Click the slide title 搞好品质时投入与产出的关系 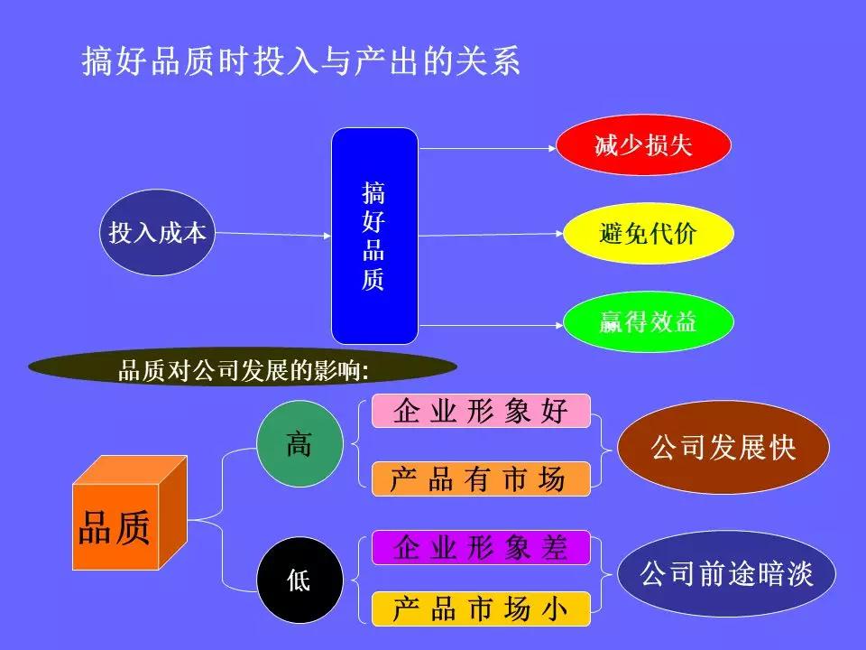[x=301, y=61]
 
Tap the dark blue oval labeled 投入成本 [x=158, y=233]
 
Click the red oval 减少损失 [x=642, y=145]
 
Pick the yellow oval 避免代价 [x=648, y=234]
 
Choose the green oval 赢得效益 [x=648, y=322]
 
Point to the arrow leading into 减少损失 [x=487, y=146]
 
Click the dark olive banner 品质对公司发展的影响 [x=244, y=368]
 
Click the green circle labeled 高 [x=299, y=443]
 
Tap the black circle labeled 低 [x=299, y=580]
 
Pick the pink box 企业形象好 [x=481, y=412]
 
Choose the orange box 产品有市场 [x=481, y=478]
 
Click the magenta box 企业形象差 [x=481, y=547]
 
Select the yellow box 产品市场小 [x=481, y=609]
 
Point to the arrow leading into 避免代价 [x=492, y=235]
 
